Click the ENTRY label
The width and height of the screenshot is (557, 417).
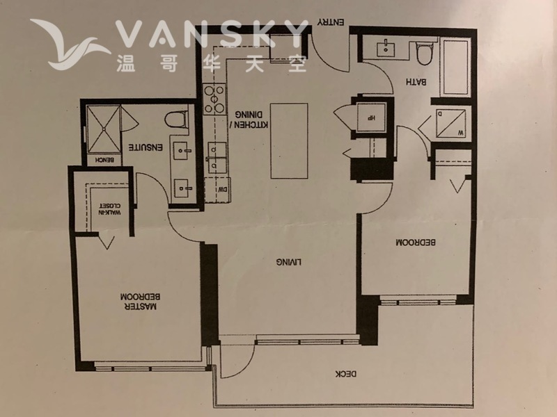pos(331,22)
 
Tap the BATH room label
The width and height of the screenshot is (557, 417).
pos(416,82)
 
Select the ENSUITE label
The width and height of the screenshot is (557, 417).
pos(146,147)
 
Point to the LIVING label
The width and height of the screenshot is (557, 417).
pos(289,262)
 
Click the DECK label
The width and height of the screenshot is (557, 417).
pos(346,374)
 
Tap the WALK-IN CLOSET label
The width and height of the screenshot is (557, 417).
pos(110,209)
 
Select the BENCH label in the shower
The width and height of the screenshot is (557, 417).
pos(105,160)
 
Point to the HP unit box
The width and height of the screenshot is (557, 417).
pos(371,117)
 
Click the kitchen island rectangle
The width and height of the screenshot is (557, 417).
pos(289,141)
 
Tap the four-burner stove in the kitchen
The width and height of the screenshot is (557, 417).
pos(214,99)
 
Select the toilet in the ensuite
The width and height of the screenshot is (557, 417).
pos(177,120)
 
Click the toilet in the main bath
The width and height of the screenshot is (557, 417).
pos(425,54)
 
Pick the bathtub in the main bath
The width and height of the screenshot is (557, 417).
pos(456,67)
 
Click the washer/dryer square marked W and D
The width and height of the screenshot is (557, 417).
pos(450,124)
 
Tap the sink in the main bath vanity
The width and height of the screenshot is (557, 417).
pos(386,48)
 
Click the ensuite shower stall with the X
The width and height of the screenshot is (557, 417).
pos(104,129)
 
